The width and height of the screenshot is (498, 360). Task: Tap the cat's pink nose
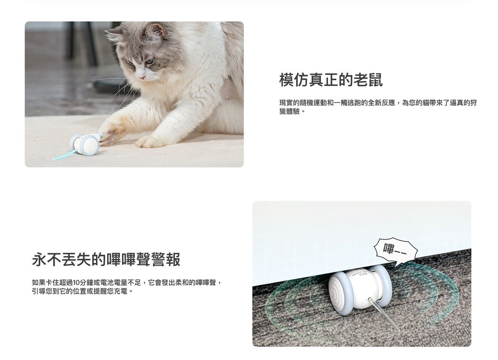pos(142,77)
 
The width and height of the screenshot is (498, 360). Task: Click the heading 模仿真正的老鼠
pos(331,80)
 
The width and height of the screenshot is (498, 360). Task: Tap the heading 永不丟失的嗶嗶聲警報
pos(106,260)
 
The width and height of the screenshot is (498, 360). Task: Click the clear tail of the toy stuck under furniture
pos(384,314)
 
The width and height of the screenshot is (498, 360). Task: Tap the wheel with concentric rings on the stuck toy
pos(341,291)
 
